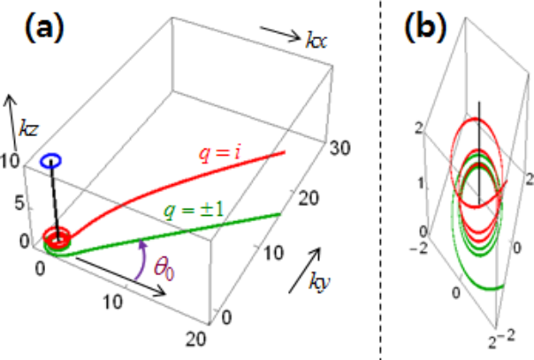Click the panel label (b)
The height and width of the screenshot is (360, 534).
423,29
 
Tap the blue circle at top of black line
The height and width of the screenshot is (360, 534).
51,162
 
